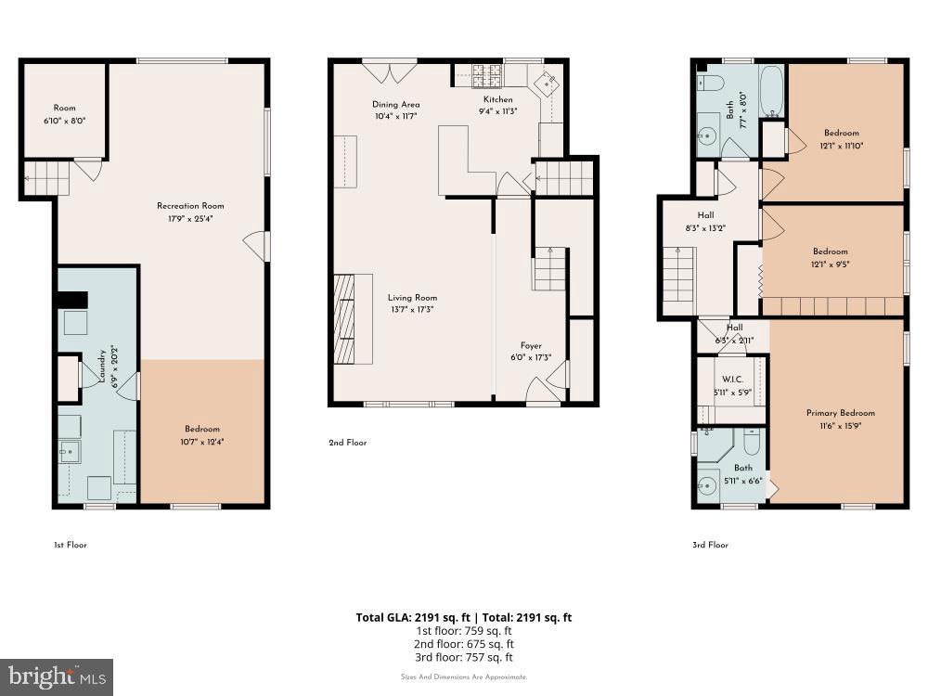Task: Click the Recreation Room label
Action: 190,206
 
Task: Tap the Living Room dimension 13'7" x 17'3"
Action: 412,309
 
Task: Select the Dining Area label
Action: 396,104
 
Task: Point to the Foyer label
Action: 531,345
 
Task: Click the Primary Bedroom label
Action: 840,413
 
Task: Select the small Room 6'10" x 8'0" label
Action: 64,108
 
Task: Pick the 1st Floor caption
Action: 70,545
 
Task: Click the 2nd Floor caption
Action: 348,443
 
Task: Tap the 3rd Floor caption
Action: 710,545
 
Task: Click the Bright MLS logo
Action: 57,677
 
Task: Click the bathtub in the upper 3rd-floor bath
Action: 771,91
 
